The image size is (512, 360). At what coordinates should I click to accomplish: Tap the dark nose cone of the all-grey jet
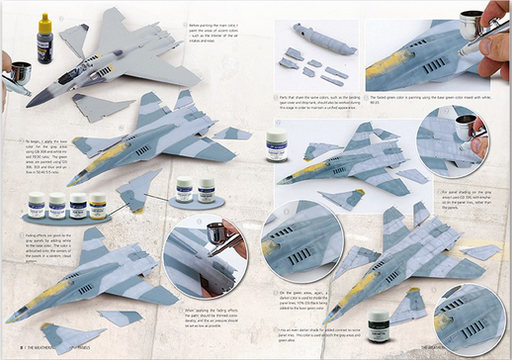tap(34, 100)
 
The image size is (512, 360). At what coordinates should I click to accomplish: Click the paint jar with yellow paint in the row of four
tap(98, 206)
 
